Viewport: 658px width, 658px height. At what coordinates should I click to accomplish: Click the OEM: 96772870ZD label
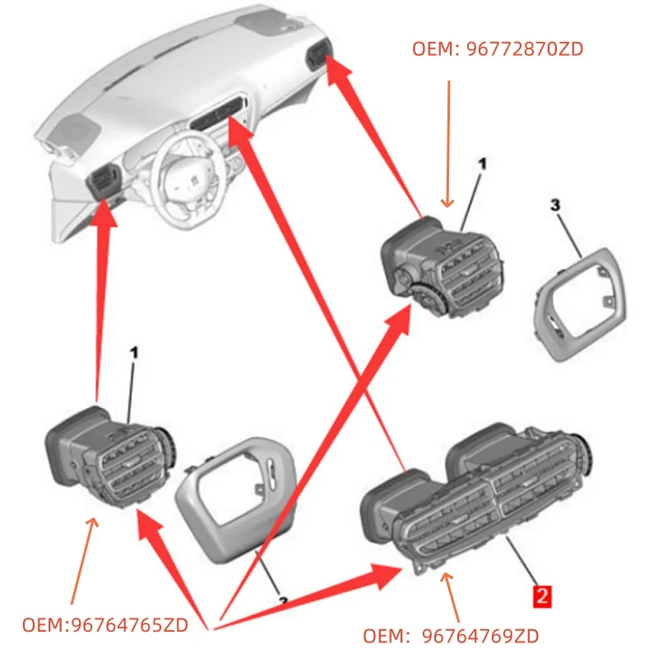pos(498,49)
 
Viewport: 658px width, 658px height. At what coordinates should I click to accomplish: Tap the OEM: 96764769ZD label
pos(452,637)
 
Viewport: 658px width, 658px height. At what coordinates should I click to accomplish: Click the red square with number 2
pos(541,595)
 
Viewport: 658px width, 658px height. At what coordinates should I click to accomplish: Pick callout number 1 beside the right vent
pos(482,164)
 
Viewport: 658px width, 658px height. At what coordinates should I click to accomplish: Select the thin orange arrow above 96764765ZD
pos(83,559)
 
